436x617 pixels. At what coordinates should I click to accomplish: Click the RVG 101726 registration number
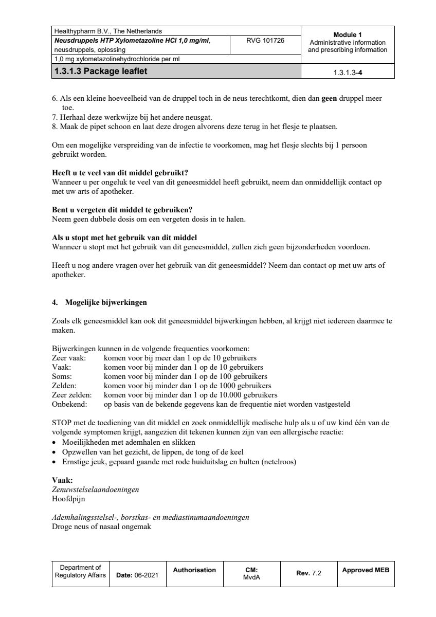pyautogui.click(x=266, y=40)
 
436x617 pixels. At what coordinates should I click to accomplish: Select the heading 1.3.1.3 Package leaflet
pyautogui.click(x=100, y=71)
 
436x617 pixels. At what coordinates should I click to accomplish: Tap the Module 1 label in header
pyautogui.click(x=348, y=34)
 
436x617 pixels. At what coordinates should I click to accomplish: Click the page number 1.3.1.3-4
pyautogui.click(x=348, y=72)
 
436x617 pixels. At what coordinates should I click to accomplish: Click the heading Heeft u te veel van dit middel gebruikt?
pyautogui.click(x=124, y=173)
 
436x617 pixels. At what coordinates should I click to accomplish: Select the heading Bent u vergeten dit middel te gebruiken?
pyautogui.click(x=122, y=210)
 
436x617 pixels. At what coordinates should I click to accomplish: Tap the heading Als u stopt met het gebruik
pyautogui.click(x=125, y=238)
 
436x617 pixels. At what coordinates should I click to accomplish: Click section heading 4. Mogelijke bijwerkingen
pyautogui.click(x=99, y=302)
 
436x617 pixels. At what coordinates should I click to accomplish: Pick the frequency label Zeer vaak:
pyautogui.click(x=69, y=358)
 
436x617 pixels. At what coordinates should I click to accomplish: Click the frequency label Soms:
pyautogui.click(x=62, y=376)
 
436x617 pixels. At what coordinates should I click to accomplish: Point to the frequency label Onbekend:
pyautogui.click(x=69, y=404)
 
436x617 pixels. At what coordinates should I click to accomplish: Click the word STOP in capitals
pyautogui.click(x=62, y=423)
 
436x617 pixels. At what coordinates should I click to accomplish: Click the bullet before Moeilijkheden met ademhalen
pyautogui.click(x=55, y=443)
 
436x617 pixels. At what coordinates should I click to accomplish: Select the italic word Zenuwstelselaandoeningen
pyautogui.click(x=96, y=489)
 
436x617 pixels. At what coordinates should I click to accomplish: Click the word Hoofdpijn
pyautogui.click(x=69, y=499)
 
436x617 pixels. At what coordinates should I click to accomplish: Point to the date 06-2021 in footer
pyautogui.click(x=146, y=575)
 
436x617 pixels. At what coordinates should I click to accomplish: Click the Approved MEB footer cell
pyautogui.click(x=366, y=570)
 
